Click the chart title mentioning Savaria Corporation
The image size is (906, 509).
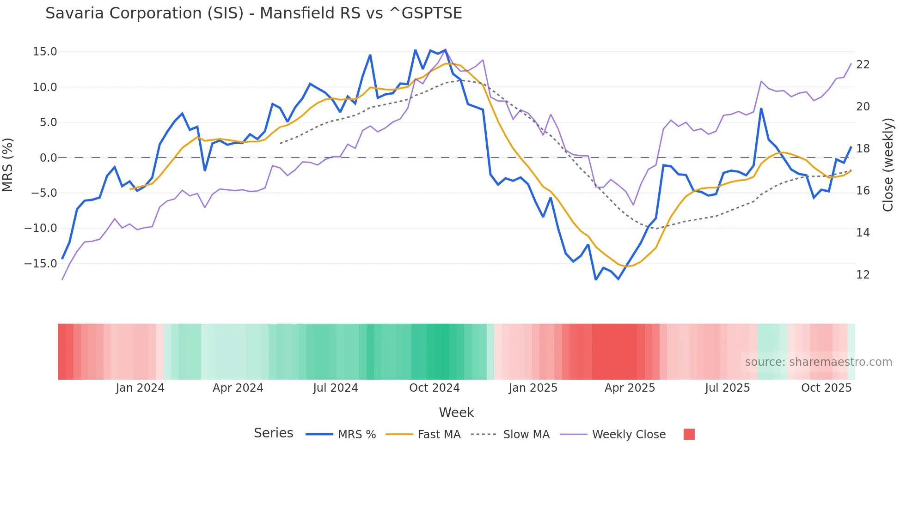click(253, 13)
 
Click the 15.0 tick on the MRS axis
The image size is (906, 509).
click(45, 52)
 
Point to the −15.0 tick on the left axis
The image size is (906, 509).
click(41, 264)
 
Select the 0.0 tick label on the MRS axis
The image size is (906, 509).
click(49, 158)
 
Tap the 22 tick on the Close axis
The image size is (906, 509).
click(863, 65)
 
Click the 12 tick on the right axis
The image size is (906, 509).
click(863, 275)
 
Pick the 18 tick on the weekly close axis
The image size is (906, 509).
click(863, 149)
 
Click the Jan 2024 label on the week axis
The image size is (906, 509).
click(140, 388)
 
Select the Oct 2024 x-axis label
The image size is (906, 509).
click(435, 388)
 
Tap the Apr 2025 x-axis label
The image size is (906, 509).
click(630, 388)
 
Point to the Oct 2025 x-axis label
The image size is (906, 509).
click(826, 388)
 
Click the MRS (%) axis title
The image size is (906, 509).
click(8, 164)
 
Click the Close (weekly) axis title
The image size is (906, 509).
click(888, 165)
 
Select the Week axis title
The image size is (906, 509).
click(456, 412)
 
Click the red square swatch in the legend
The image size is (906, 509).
click(689, 434)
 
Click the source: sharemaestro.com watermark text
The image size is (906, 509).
click(818, 362)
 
